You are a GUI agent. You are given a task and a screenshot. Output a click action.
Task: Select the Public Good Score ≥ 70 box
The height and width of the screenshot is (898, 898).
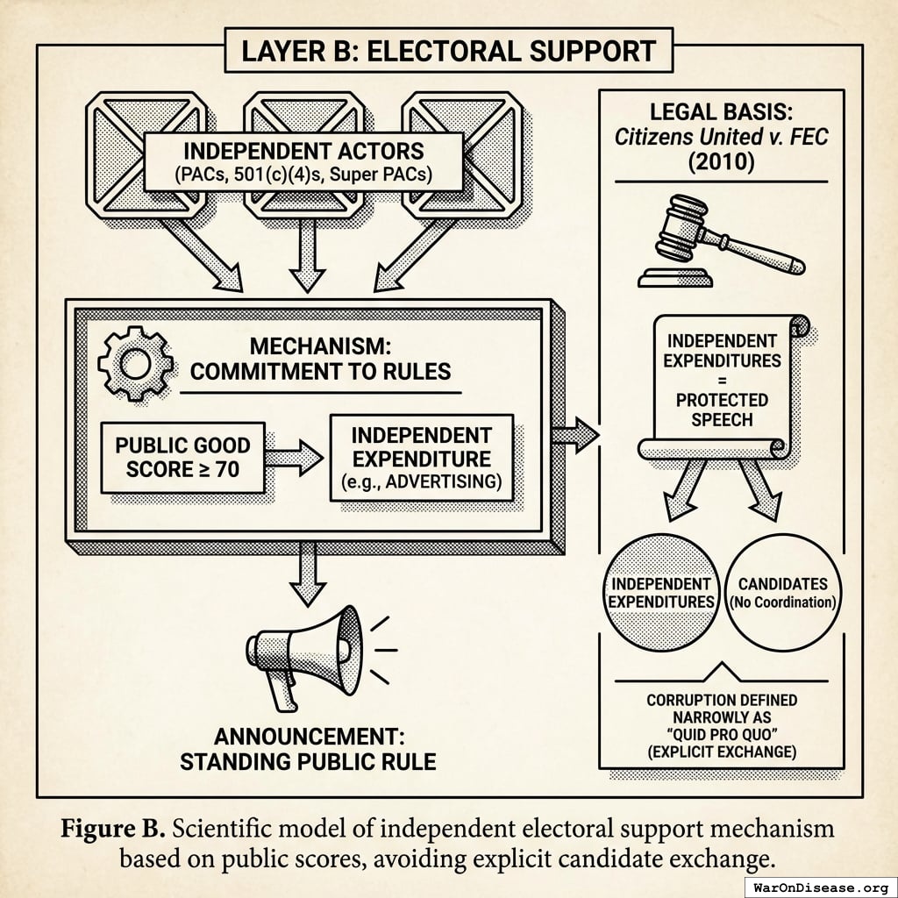[x=183, y=457]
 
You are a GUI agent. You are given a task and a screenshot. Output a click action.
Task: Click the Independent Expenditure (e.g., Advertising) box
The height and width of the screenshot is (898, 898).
[x=421, y=458]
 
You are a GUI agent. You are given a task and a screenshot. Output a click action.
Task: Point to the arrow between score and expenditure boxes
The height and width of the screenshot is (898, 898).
[x=296, y=456]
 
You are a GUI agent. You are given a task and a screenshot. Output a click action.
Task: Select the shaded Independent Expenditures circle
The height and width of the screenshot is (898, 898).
[x=661, y=593]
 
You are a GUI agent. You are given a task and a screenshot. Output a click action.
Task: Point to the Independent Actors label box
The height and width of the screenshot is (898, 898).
[x=303, y=160]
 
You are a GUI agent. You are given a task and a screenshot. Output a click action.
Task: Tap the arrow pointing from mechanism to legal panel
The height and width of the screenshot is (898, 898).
[x=575, y=433]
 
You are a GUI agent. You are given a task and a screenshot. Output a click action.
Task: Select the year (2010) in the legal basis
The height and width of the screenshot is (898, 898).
[x=722, y=162]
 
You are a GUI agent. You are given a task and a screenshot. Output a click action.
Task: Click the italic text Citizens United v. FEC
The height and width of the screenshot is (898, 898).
[x=722, y=137]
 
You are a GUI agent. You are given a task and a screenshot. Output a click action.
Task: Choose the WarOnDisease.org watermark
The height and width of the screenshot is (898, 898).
[x=819, y=885]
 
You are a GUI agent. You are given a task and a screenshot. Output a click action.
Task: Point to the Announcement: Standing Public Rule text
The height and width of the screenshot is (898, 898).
[x=308, y=748]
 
